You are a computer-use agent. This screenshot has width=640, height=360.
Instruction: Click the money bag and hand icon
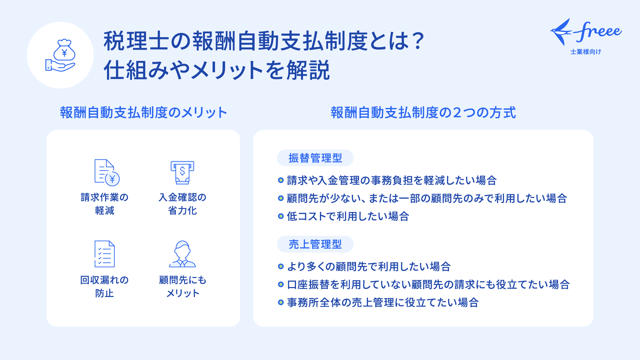coord(60,55)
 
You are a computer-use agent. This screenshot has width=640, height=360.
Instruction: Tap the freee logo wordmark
coord(586,32)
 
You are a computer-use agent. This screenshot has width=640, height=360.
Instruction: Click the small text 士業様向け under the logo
coord(586,52)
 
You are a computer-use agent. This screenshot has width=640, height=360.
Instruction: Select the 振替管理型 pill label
coord(315,158)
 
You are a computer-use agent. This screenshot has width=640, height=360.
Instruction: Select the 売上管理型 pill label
coord(315,244)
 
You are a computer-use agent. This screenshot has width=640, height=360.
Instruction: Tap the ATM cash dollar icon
coord(182,172)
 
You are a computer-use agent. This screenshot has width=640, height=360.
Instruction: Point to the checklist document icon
coord(105,254)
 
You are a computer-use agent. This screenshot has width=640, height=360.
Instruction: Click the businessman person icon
coord(182,254)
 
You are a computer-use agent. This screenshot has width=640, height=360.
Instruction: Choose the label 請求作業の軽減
coord(105,204)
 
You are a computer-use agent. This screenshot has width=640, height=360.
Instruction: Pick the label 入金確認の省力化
coord(182,204)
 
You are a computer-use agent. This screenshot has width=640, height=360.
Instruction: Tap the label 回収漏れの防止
coord(105,286)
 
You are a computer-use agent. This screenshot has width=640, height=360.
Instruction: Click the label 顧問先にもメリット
coord(183,286)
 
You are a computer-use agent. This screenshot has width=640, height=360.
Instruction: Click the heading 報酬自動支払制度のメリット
coord(144,113)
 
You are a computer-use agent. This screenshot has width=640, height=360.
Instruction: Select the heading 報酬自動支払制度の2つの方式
coord(423,113)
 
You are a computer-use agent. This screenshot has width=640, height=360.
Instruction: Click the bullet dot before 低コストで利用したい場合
coord(281,216)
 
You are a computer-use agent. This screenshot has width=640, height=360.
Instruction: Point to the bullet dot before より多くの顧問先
coord(281,266)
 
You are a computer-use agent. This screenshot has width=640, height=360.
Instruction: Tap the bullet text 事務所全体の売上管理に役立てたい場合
coord(383,302)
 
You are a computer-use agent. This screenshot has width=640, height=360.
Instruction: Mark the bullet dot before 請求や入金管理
coord(281,180)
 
